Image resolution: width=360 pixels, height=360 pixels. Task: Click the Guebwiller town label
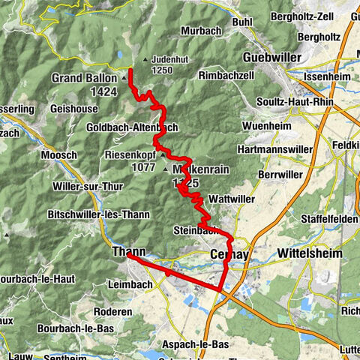271,57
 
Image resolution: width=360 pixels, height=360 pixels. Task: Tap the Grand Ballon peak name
85,77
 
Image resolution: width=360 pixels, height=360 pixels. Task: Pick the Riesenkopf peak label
132,156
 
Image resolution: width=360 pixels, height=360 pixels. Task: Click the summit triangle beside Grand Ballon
124,76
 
